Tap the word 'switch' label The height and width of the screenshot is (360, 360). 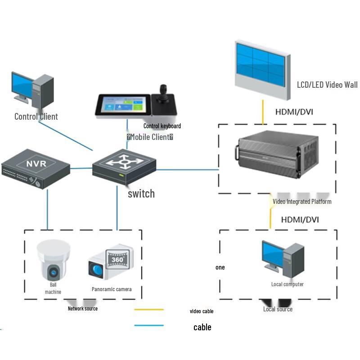[x=141, y=193]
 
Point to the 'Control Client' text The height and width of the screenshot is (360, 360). [x=36, y=117]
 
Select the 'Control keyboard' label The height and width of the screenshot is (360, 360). [x=162, y=126]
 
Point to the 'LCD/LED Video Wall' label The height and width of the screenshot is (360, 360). [x=327, y=85]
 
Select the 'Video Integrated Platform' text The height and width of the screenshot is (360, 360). [x=302, y=201]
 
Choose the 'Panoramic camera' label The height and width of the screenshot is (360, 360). [x=112, y=289]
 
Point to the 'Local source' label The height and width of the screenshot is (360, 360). [x=278, y=309]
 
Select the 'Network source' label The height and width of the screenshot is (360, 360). [x=82, y=308]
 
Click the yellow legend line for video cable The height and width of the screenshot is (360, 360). [x=149, y=309]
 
